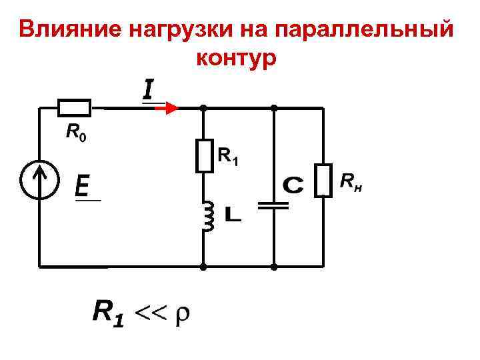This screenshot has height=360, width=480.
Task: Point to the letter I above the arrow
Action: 147,90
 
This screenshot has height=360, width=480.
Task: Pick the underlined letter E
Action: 83,185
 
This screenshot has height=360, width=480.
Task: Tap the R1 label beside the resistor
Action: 229,157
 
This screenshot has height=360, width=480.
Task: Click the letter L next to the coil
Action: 233,215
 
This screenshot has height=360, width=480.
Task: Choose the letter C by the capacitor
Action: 293,185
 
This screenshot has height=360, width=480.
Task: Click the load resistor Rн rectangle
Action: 323,179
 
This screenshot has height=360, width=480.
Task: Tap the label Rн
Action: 351,181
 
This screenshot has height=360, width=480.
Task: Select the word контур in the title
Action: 236,58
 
